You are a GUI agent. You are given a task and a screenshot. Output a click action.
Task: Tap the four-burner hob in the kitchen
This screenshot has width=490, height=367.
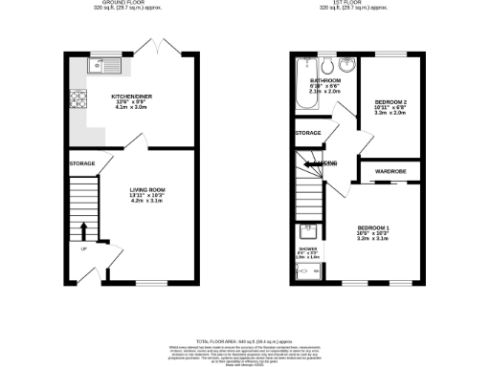coord(78,99)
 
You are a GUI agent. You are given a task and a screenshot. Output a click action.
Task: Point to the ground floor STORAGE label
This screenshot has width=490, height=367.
coord(81,163)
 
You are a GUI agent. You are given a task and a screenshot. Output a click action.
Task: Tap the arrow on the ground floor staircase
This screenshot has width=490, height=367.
coord(82,230)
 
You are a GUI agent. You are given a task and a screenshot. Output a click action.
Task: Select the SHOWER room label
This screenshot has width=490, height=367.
coord(308,249)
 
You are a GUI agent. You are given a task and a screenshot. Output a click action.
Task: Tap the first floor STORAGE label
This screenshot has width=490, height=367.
coord(308,133)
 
